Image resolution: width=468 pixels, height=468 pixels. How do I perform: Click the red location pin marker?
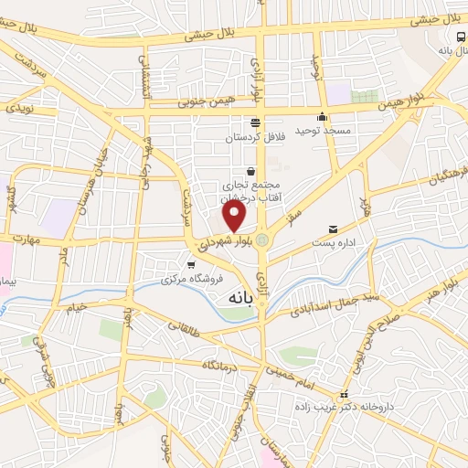pyautogui.click(x=235, y=216)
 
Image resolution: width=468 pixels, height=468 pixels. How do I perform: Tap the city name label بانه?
pyautogui.click(x=234, y=297)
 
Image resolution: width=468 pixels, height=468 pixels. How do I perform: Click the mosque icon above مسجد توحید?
pyautogui.click(x=321, y=117)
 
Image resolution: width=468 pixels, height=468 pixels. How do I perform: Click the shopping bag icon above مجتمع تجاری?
pyautogui.click(x=250, y=172)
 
